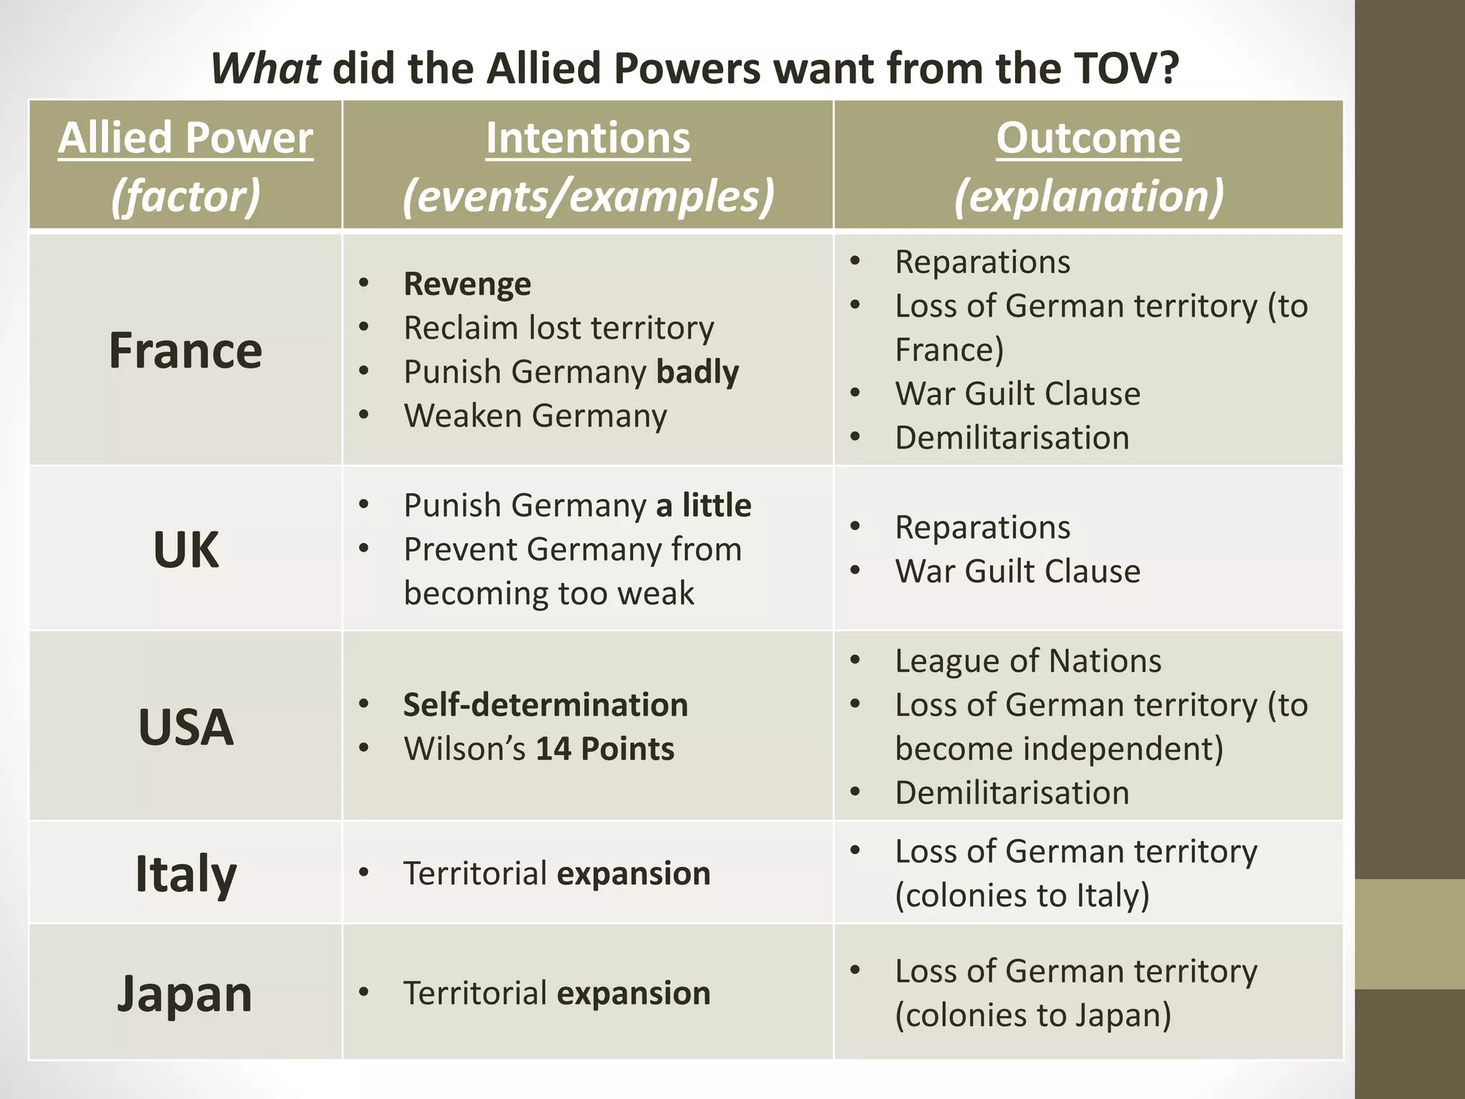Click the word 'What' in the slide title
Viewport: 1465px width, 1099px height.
click(265, 69)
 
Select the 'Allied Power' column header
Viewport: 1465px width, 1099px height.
click(185, 137)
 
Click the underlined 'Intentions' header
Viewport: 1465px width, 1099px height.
click(588, 137)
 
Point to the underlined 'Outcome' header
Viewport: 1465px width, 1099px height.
click(1088, 137)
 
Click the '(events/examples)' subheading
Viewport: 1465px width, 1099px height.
click(588, 196)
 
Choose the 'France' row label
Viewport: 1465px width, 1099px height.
click(185, 351)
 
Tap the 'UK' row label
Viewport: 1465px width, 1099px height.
click(185, 549)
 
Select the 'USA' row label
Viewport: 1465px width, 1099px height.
click(185, 727)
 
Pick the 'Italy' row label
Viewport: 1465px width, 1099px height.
click(185, 874)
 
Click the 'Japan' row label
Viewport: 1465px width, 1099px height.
click(185, 993)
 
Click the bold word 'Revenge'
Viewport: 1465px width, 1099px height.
click(467, 284)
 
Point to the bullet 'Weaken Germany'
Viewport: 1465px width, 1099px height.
click(535, 416)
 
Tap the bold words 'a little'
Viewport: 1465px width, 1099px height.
click(703, 505)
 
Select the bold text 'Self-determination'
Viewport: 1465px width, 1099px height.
click(545, 705)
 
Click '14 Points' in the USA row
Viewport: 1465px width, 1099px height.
click(604, 749)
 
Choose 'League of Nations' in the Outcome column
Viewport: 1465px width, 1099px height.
click(1028, 660)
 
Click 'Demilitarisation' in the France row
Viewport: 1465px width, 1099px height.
click(1011, 438)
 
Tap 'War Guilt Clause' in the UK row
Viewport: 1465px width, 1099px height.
click(1017, 571)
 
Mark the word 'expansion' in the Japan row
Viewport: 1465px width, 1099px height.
click(633, 993)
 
